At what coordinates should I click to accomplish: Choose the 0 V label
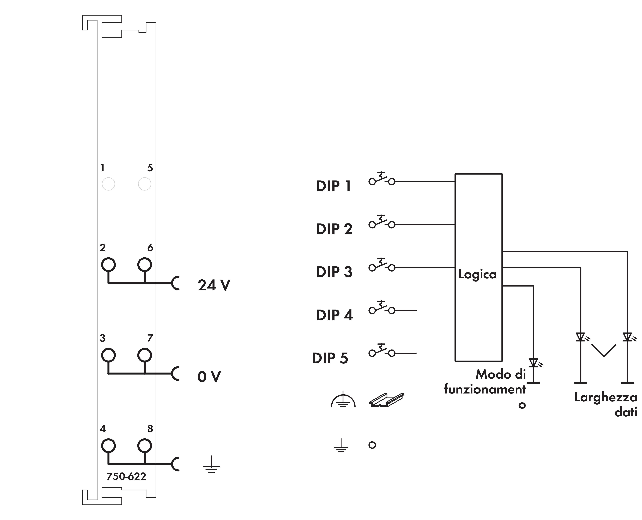(209, 377)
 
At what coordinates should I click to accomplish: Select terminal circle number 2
(108, 265)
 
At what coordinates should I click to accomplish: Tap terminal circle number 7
(145, 355)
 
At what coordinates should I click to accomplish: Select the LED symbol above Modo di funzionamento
(534, 363)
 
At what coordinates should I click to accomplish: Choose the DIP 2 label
(334, 229)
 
